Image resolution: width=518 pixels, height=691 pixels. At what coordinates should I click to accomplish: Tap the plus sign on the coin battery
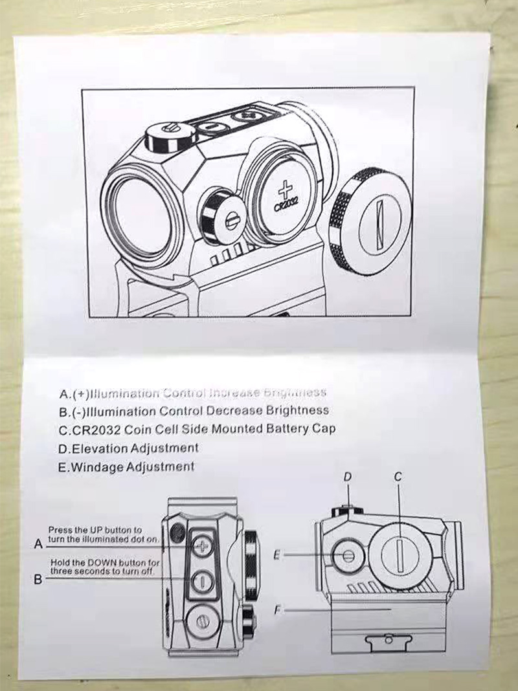tap(284, 190)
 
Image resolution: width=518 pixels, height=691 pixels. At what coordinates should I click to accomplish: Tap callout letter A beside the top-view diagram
tap(38, 545)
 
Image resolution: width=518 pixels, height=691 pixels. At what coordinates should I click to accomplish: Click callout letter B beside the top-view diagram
tap(38, 580)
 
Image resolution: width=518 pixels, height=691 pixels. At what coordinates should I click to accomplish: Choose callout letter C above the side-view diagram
tap(398, 477)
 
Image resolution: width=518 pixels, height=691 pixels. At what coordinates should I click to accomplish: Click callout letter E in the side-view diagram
tap(277, 554)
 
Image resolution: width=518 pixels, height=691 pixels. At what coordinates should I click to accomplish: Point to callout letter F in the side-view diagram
tap(278, 609)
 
